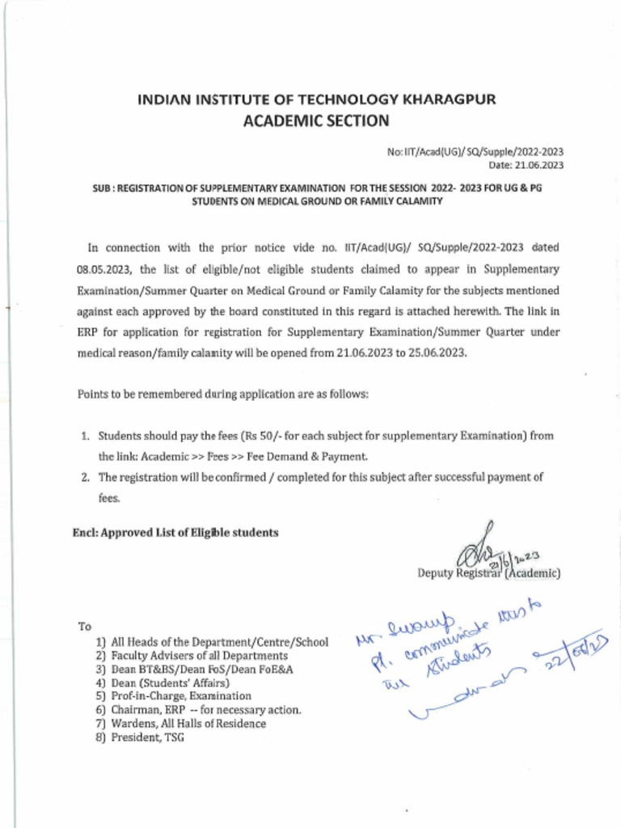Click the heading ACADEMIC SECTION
pos(317,121)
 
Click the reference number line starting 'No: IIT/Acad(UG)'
pos(476,152)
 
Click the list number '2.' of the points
pos(84,477)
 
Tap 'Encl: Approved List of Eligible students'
pos(175,532)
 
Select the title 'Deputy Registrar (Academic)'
pos(488,573)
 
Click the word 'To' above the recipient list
pos(84,627)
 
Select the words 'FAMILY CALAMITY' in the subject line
pos(401,201)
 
